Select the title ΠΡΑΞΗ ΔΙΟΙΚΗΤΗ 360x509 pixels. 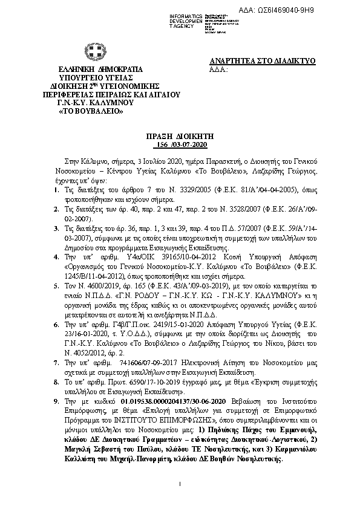(180, 138)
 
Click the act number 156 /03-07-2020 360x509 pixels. (180, 146)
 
